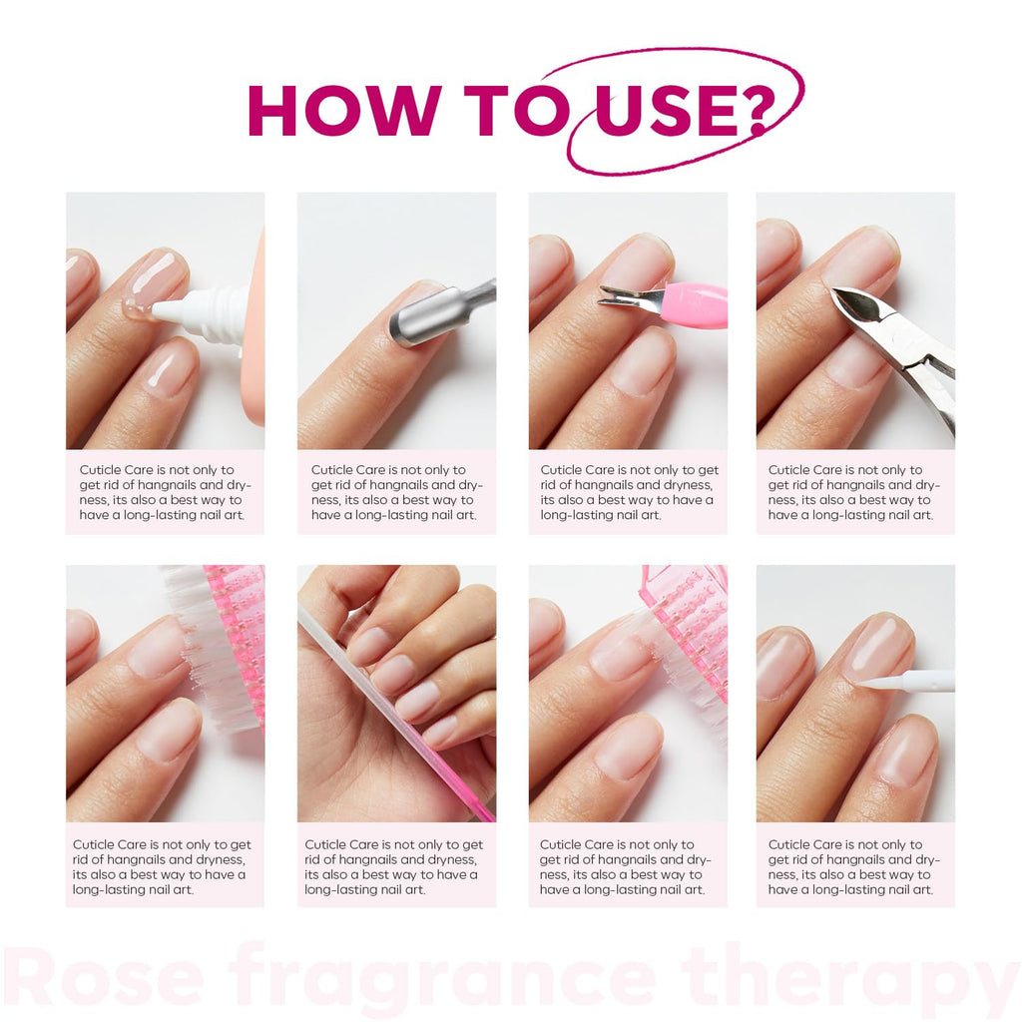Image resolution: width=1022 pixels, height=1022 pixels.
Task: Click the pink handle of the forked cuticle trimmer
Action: pos(695,304)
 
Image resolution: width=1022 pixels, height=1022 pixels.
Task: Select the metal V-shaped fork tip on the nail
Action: pos(624,296)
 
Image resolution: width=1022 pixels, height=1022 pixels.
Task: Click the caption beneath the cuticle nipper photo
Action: pos(854,492)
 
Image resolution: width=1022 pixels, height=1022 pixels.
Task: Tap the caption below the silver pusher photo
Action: pos(396,492)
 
